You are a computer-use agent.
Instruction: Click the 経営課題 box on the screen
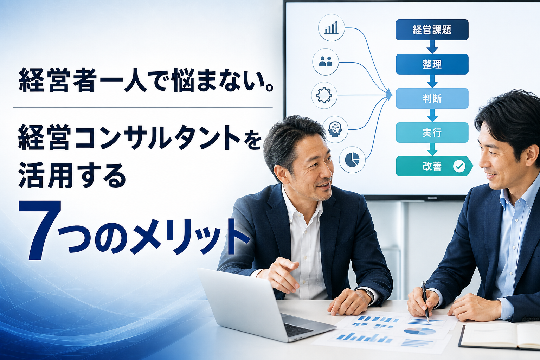(x=432, y=30)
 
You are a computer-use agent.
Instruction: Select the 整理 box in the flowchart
(x=432, y=64)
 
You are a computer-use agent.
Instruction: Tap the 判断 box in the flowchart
(x=432, y=98)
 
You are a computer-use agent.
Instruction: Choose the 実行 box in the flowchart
(x=432, y=133)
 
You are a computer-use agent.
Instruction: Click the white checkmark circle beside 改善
(x=459, y=166)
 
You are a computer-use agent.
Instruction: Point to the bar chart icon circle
(x=332, y=28)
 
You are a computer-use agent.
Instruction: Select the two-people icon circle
(x=326, y=62)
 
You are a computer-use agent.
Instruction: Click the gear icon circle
(x=324, y=95)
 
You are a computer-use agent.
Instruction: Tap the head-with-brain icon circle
(x=335, y=129)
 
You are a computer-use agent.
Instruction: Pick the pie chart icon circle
(x=352, y=160)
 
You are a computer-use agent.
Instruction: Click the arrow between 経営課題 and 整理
(x=432, y=47)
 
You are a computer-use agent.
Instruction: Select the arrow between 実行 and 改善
(x=432, y=149)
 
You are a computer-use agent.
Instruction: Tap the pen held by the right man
(x=425, y=302)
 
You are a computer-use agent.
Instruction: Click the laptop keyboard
(x=298, y=329)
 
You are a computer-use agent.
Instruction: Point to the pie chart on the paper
(x=420, y=331)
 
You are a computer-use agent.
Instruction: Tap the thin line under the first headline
(x=143, y=108)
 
